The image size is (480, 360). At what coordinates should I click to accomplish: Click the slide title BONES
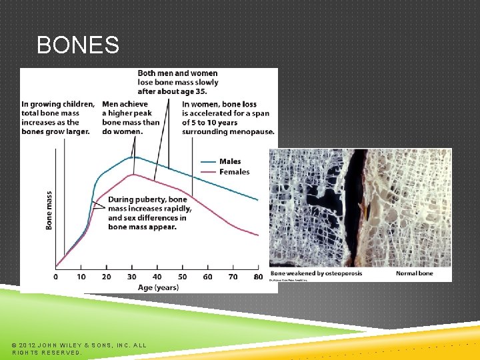[78, 45]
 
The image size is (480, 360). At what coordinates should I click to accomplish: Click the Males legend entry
[230, 161]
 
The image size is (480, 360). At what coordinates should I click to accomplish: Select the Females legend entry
[234, 172]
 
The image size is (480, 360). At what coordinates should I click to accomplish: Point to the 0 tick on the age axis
[56, 277]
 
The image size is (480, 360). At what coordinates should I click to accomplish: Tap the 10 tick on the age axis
[81, 277]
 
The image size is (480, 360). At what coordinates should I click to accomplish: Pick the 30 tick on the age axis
[132, 277]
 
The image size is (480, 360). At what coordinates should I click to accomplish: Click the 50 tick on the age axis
[182, 277]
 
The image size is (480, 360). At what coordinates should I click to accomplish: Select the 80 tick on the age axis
[258, 277]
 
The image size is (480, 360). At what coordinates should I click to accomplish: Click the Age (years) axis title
[157, 287]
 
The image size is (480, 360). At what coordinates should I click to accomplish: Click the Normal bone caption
[414, 273]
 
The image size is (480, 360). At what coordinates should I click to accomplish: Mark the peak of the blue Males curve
[133, 157]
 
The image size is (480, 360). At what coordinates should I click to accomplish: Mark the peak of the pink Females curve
[133, 174]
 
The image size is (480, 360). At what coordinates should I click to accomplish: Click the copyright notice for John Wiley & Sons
[79, 349]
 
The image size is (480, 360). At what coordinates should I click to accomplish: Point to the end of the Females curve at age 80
[258, 235]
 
